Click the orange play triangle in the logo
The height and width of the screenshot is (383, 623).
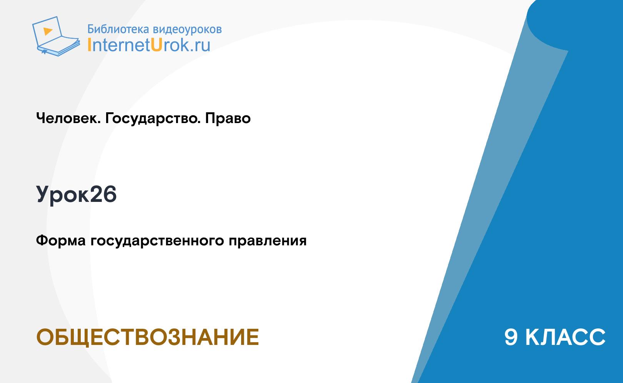point(48,31)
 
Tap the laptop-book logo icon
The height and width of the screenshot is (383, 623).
point(56,36)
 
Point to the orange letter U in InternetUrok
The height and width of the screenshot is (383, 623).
point(157,45)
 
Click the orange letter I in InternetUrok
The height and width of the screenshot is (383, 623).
point(89,45)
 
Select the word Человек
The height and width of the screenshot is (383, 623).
point(68,118)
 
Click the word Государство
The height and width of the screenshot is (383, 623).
point(153,119)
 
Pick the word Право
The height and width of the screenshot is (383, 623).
point(228,118)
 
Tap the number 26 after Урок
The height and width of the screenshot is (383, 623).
point(103,194)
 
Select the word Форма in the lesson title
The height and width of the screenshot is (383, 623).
point(61,241)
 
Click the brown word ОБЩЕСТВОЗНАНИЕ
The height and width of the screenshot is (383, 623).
point(148,337)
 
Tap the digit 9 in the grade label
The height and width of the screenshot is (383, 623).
point(511,337)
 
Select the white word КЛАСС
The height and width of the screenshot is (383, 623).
point(565,337)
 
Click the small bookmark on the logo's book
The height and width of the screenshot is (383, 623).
point(44,52)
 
